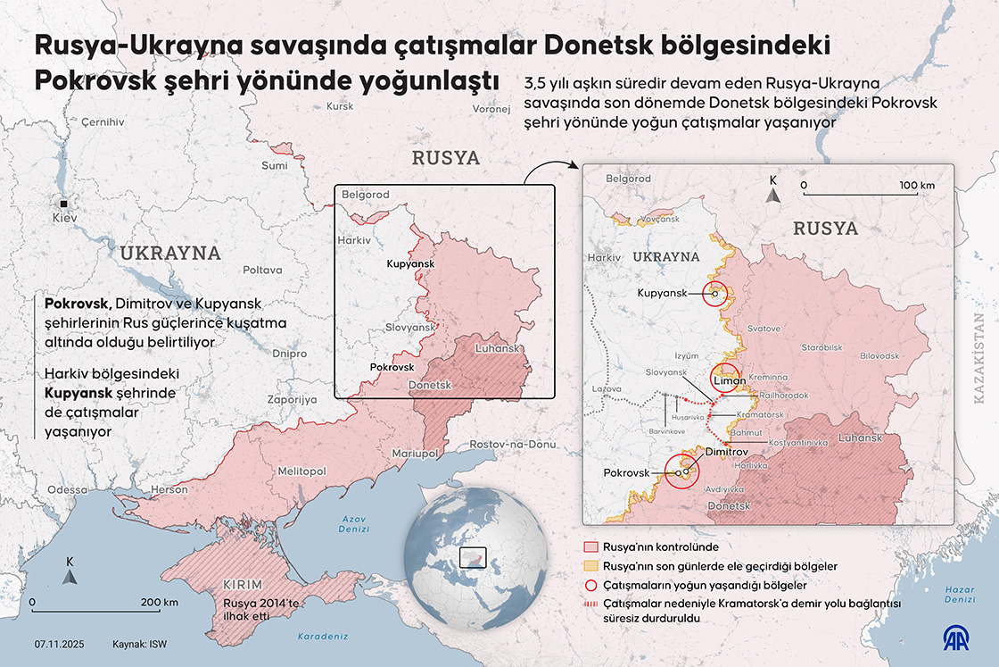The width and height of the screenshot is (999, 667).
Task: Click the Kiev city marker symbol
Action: coord(63,203)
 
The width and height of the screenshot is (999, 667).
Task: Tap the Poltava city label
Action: coord(262,269)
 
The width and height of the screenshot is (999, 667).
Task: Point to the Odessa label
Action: coord(68,489)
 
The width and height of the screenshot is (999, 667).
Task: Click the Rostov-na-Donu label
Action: coord(513,444)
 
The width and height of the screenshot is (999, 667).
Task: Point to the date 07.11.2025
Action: coord(60,644)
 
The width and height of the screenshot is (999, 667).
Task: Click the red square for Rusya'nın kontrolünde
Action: coord(589,546)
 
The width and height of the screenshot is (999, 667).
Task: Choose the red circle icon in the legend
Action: coord(589,586)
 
